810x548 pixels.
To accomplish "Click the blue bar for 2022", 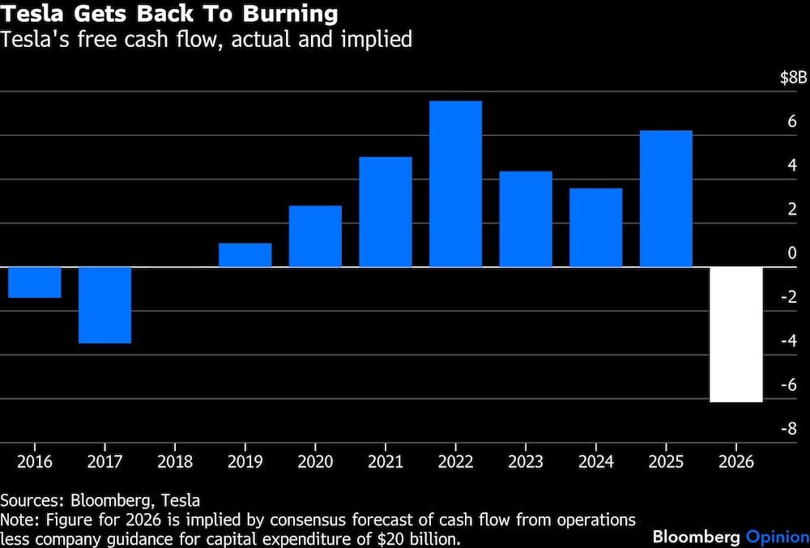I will pyautogui.click(x=455, y=184).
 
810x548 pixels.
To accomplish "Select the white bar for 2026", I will pyautogui.click(x=736, y=334).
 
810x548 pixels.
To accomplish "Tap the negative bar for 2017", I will pyautogui.click(x=104, y=305).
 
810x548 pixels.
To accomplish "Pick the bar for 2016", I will pyautogui.click(x=35, y=282).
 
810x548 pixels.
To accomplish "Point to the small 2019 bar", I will pyautogui.click(x=245, y=255).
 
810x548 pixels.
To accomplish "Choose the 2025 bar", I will pyautogui.click(x=666, y=198).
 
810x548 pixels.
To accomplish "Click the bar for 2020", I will pyautogui.click(x=315, y=236).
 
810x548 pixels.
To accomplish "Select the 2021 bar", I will pyautogui.click(x=386, y=212).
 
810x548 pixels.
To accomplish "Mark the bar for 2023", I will pyautogui.click(x=526, y=219).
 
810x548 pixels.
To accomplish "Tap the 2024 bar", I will pyautogui.click(x=595, y=227).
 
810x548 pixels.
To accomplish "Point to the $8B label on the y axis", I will pyautogui.click(x=793, y=78).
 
